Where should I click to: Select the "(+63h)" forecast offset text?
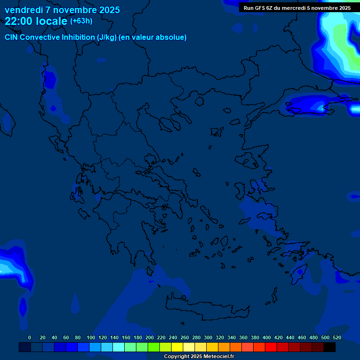click(81, 21)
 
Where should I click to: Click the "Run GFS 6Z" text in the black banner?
click(258, 8)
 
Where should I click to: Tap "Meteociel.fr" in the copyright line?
click(216, 357)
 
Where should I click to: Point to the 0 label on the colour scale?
click(30, 337)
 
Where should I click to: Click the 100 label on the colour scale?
click(91, 337)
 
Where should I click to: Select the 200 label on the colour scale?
click(150, 337)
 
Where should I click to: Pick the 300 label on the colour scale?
click(208, 337)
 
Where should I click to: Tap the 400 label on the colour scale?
click(267, 337)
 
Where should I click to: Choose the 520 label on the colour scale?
click(337, 337)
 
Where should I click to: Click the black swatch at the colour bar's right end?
click(330, 347)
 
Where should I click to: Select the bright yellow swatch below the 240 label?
click(177, 347)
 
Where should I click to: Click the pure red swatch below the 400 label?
click(271, 347)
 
